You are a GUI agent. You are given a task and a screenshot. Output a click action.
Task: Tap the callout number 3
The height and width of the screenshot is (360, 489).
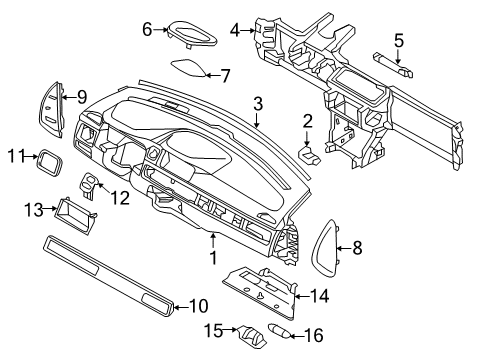coord(258,103)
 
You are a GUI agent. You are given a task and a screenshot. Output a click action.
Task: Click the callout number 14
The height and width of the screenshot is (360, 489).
coord(319,295)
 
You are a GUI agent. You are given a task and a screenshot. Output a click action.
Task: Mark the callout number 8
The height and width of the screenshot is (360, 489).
coord(357,245)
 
